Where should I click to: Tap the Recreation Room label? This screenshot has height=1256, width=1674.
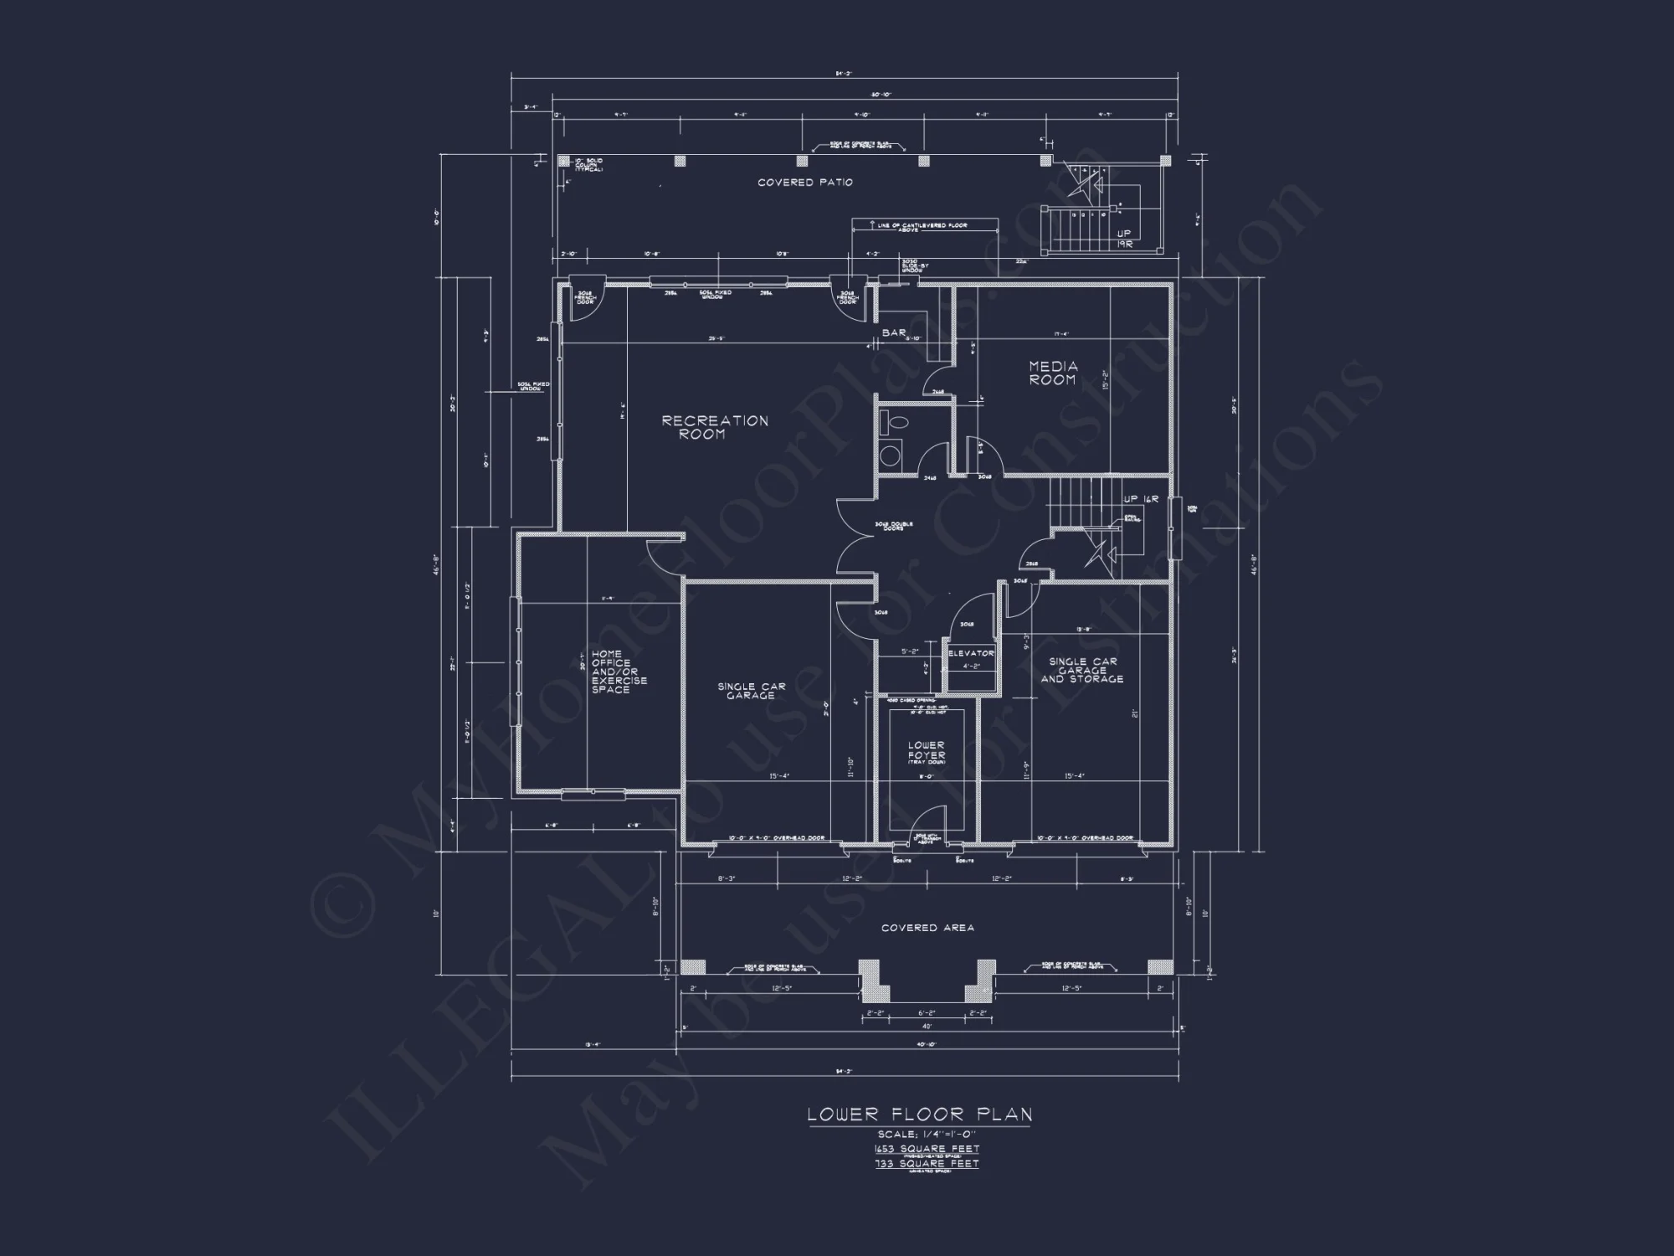click(715, 427)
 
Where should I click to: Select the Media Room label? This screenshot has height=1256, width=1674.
click(1053, 373)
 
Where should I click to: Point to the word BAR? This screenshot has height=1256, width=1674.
click(894, 333)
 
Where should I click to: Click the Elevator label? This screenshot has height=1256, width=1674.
click(971, 653)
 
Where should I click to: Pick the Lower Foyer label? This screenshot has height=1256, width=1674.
click(927, 751)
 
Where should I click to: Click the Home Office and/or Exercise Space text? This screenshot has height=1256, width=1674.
click(619, 672)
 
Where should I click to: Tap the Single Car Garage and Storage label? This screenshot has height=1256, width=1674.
click(1082, 670)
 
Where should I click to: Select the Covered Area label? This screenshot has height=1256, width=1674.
click(927, 928)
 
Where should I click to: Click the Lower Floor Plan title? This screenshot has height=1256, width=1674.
click(920, 1114)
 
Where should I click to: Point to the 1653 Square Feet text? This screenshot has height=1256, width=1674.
click(927, 1149)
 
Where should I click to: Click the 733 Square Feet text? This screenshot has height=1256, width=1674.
click(927, 1164)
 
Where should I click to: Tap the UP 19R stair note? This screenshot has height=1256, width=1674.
click(1124, 239)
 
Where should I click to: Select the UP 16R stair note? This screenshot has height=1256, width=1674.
click(1141, 499)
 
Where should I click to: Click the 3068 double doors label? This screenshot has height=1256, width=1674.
click(893, 527)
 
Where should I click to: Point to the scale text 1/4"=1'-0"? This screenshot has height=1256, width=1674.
click(927, 1135)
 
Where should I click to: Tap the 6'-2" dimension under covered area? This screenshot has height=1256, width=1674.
click(927, 1013)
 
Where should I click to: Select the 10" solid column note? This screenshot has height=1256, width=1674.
click(586, 165)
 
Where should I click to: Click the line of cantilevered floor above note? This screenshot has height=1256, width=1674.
click(924, 227)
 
